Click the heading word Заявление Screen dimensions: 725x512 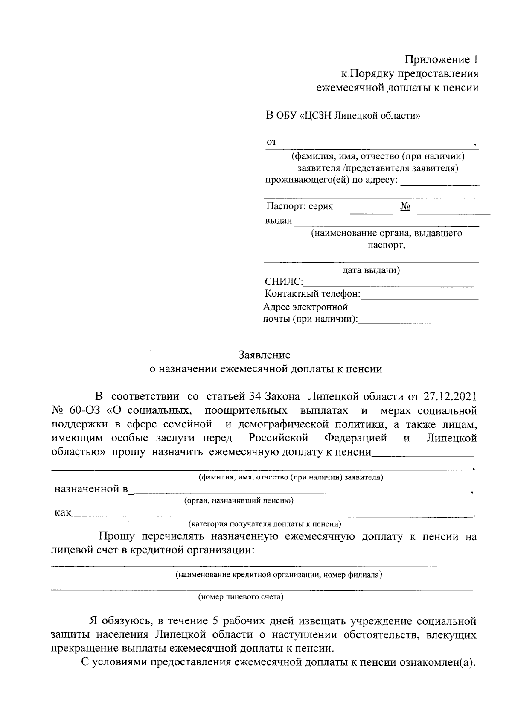click(x=264, y=355)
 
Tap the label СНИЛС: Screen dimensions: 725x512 click(x=284, y=282)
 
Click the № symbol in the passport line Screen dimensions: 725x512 click(x=405, y=207)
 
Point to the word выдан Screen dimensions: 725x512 click(x=279, y=221)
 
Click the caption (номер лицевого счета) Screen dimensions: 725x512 click(x=241, y=597)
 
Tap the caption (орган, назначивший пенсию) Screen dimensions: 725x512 click(x=239, y=500)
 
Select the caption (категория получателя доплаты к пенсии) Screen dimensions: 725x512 click(x=265, y=523)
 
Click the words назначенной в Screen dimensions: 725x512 click(x=91, y=489)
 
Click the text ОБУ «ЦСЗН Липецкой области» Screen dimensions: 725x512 click(x=349, y=116)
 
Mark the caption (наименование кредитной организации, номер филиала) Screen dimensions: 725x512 click(x=279, y=575)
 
